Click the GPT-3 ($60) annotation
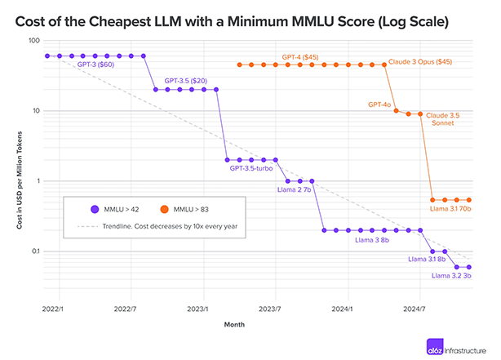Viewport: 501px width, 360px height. (95, 64)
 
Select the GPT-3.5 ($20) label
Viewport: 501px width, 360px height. (185, 81)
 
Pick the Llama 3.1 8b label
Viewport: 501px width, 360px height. (425, 259)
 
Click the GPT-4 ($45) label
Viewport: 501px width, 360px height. (299, 57)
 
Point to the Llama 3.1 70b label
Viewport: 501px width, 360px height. (451, 209)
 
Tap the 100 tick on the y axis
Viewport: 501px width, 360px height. (33, 41)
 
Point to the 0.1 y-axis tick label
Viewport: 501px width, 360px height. (34, 251)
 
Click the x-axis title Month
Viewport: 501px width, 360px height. (235, 324)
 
